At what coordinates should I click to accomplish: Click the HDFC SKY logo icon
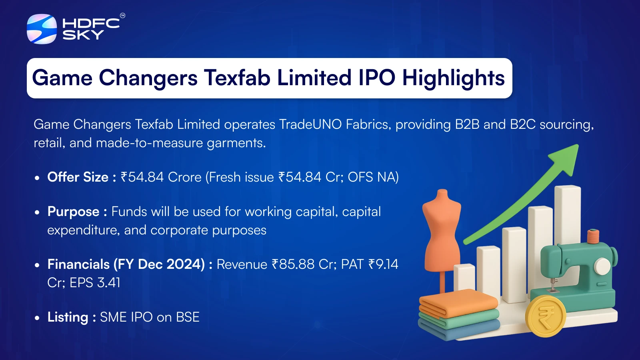42,29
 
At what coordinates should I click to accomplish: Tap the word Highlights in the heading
454,78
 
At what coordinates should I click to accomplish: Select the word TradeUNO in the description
310,124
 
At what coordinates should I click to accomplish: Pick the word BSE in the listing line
188,317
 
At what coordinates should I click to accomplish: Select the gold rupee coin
546,316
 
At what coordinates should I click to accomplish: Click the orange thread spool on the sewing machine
593,236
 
